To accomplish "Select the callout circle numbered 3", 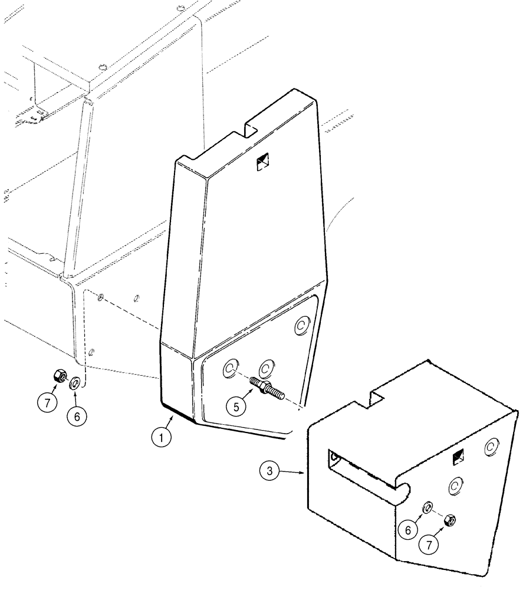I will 270,471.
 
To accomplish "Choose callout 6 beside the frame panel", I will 75,415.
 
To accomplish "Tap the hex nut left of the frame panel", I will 60,375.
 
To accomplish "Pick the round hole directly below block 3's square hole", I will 454,486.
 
